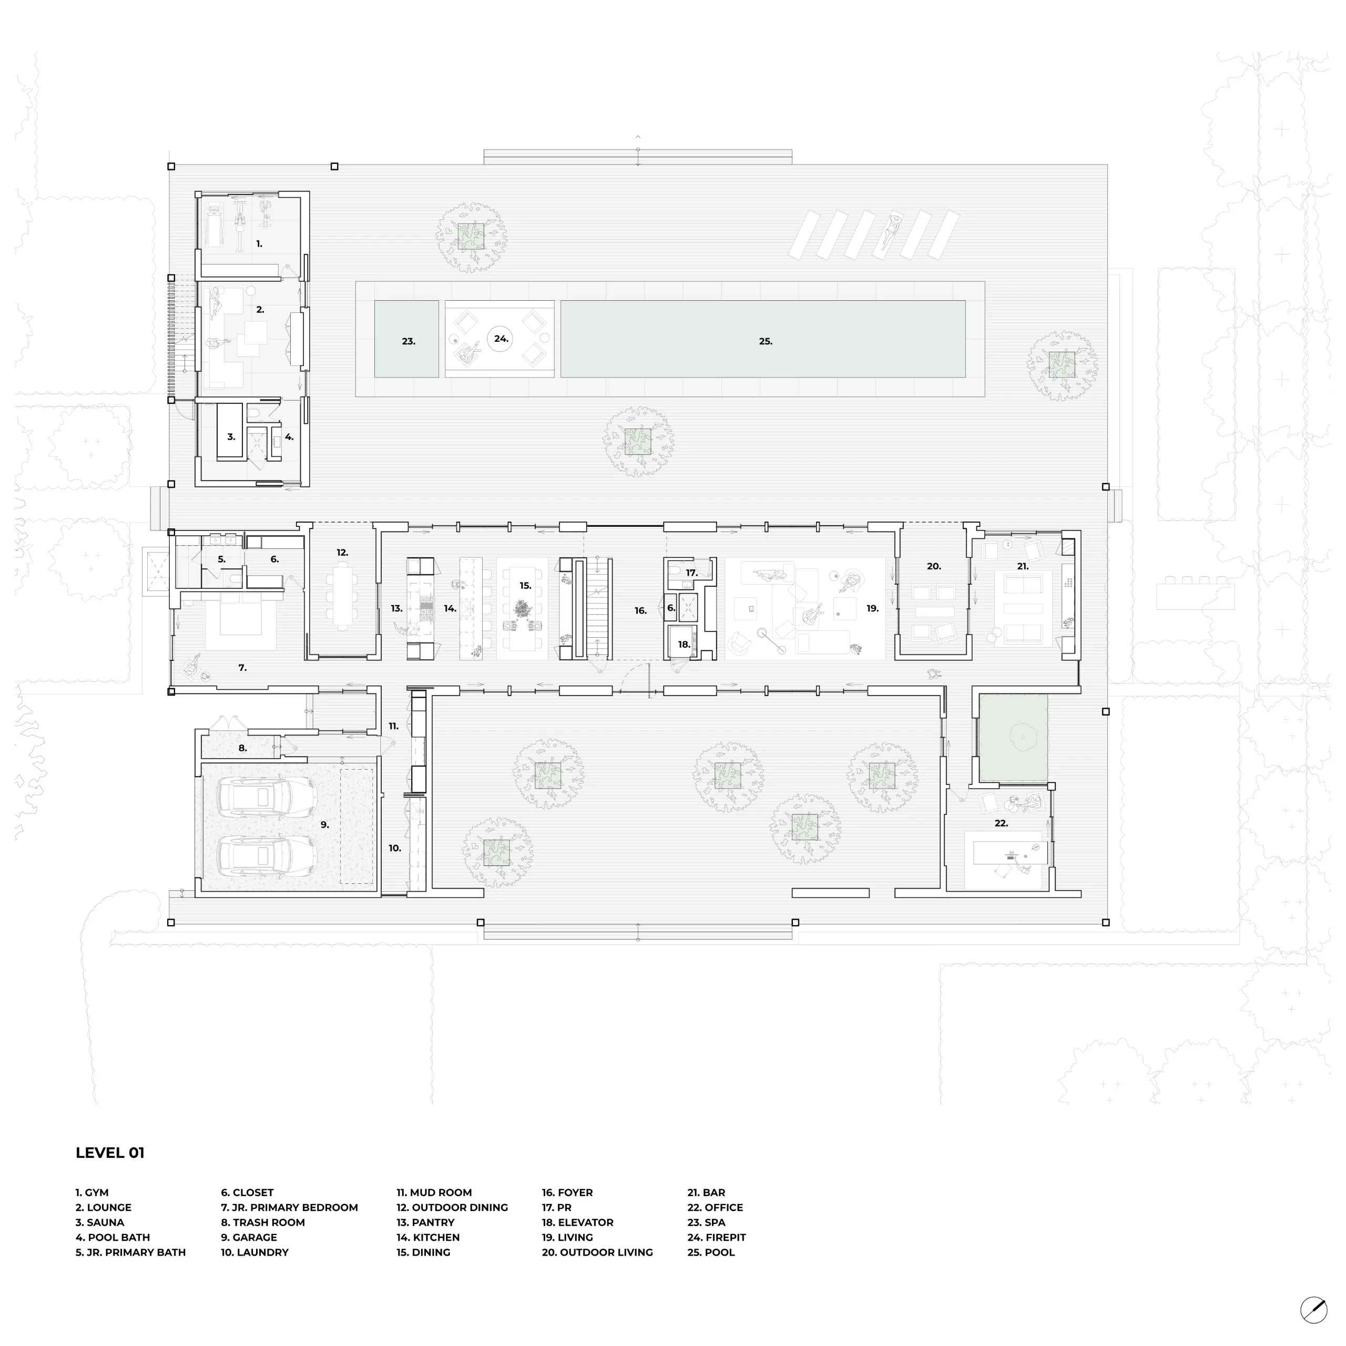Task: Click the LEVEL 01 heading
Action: (x=110, y=1153)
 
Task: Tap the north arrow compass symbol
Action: (x=1314, y=1310)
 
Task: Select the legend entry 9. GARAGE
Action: (x=249, y=1237)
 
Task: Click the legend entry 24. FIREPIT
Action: (x=716, y=1237)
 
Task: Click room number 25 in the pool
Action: (x=766, y=341)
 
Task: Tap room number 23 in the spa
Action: (x=408, y=341)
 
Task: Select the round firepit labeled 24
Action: (x=501, y=339)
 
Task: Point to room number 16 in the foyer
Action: (x=641, y=611)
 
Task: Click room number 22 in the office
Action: (x=1001, y=823)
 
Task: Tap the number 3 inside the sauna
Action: (x=231, y=437)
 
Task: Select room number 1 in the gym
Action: (x=259, y=244)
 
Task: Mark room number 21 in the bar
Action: (x=1023, y=566)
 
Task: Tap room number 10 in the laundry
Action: (x=394, y=849)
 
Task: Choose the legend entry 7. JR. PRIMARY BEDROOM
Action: (x=289, y=1207)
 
